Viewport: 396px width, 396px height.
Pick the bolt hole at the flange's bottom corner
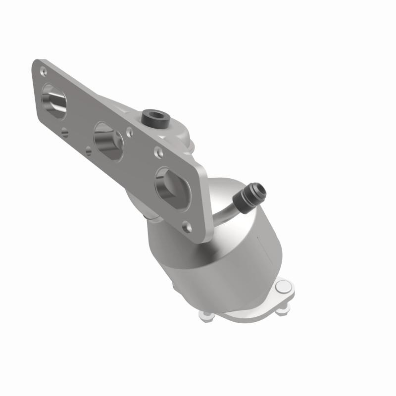(x=187, y=227)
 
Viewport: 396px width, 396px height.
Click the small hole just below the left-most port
(x=65, y=132)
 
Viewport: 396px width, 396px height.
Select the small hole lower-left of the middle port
(x=88, y=150)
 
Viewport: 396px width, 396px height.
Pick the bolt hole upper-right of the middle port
(x=129, y=132)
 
